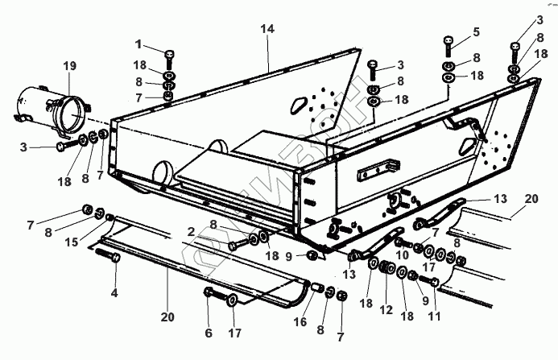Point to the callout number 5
coord(477,31)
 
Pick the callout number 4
coord(114,292)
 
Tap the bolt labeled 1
coord(170,58)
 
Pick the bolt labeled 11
coord(432,283)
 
